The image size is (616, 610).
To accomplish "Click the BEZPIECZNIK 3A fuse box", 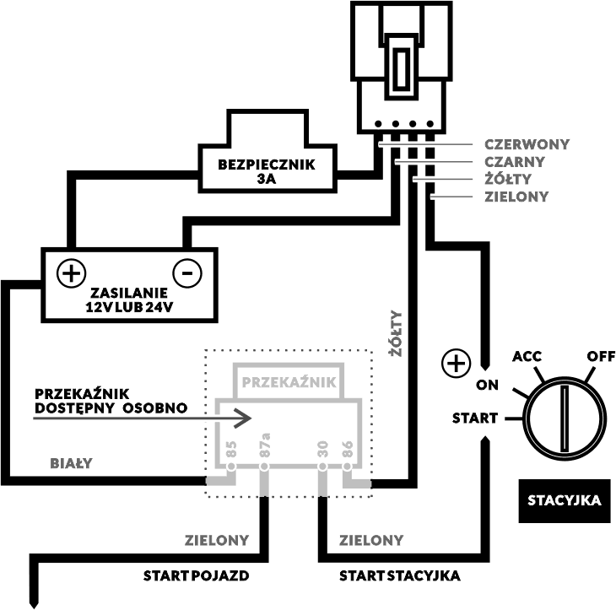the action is [267, 171].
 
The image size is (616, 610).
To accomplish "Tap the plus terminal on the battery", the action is [71, 273].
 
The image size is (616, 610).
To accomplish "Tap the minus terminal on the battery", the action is [187, 273].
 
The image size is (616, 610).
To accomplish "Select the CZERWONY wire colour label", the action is [527, 144].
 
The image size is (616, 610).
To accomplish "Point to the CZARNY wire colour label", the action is [515, 161].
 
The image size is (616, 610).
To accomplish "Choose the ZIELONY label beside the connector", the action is [516, 197].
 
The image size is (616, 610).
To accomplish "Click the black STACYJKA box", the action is [565, 501].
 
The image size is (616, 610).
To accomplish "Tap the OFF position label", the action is [601, 356].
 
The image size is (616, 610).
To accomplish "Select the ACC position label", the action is [527, 356].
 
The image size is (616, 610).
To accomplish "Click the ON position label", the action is [487, 385].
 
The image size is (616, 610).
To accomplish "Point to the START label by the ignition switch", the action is [475, 418].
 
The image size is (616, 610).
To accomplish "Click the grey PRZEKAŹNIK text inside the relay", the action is [289, 382].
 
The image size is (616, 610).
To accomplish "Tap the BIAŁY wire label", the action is [71, 463].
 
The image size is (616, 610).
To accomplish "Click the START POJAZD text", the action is [196, 575].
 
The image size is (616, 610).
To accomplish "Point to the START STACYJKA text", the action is [399, 575].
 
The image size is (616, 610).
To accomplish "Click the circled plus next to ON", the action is [456, 364].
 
